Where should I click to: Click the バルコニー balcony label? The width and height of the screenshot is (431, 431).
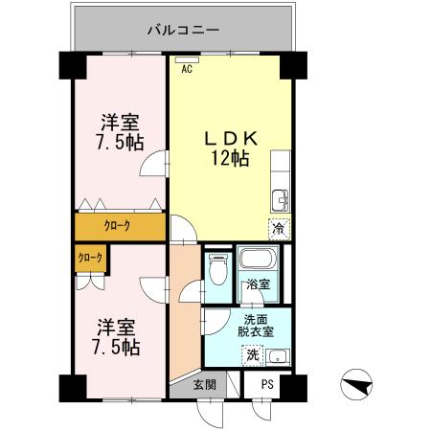click(183, 30)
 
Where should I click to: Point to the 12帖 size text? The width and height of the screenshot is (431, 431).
click(230, 159)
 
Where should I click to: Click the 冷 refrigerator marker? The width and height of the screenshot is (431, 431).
click(278, 229)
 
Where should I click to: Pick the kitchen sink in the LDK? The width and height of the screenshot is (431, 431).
click(280, 200)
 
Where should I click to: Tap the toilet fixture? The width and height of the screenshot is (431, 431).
click(216, 267)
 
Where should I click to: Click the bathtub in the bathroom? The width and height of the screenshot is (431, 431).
click(256, 260)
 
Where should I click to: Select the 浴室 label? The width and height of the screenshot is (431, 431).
click(257, 284)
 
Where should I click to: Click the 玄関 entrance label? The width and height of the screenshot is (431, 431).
click(204, 385)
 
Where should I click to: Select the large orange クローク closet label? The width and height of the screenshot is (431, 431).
click(117, 227)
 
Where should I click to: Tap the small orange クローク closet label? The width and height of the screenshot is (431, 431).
click(90, 258)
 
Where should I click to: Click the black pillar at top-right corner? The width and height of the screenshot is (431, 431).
click(292, 66)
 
